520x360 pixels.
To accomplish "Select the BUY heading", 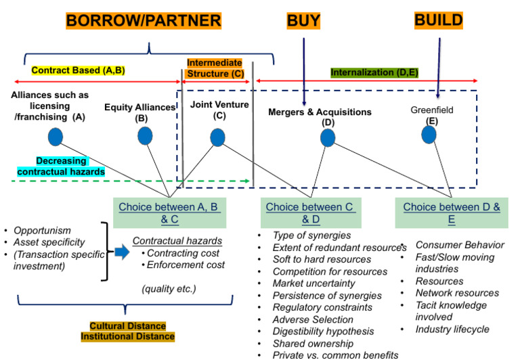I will pyautogui.click(x=305, y=20).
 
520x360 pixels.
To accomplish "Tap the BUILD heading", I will pyautogui.click(x=439, y=20).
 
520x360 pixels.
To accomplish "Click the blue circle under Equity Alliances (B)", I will pyautogui.click(x=145, y=136).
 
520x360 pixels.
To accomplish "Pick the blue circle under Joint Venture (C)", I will pyautogui.click(x=217, y=137).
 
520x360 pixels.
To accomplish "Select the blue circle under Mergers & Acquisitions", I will pyautogui.click(x=328, y=138).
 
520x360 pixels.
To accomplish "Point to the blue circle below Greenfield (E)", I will pyautogui.click(x=429, y=135).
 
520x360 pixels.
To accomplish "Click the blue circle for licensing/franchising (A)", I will pyautogui.click(x=56, y=137).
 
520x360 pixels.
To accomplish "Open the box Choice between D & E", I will pyautogui.click(x=452, y=212).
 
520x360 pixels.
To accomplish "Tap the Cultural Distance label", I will pyautogui.click(x=129, y=325).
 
